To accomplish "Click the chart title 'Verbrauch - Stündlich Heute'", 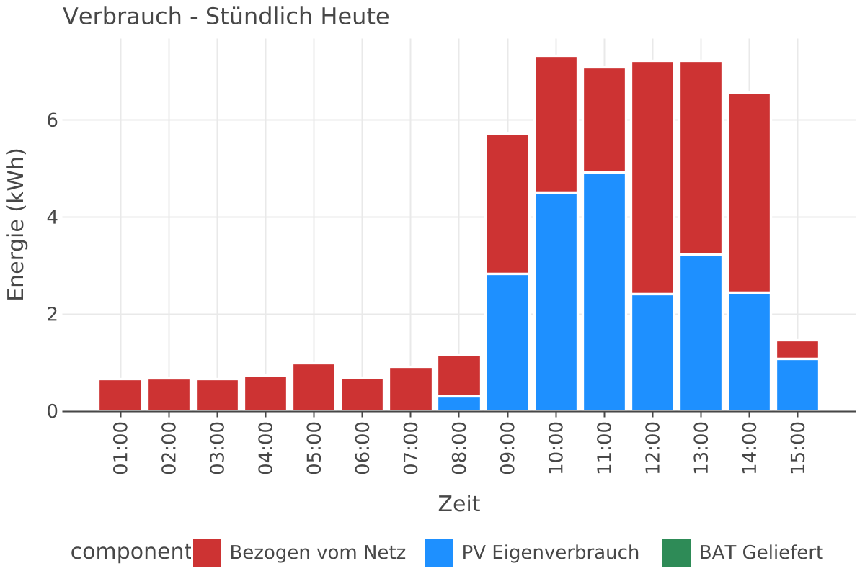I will [x=226, y=16].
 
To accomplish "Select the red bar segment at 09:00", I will [x=507, y=204].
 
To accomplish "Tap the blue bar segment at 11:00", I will [x=604, y=292].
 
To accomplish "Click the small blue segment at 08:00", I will [x=459, y=403].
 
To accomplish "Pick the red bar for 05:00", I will [x=314, y=387].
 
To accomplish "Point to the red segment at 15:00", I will [x=797, y=349].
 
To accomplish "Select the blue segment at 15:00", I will [x=797, y=384].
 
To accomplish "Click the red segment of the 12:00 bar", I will [x=652, y=178].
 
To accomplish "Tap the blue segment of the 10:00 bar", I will [x=556, y=301].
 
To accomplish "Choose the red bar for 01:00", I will [x=120, y=395].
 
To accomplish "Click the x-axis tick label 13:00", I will [x=701, y=448].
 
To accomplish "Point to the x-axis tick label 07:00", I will [x=410, y=448].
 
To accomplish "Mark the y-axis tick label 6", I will [x=52, y=120].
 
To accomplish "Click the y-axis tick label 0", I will [x=52, y=412].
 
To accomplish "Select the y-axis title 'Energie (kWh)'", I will [x=16, y=225].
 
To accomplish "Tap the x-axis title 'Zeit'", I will [x=458, y=503].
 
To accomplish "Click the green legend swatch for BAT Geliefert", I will [x=676, y=553].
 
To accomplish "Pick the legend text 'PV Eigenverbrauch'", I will [x=550, y=553].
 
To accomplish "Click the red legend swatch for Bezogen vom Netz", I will [x=208, y=553].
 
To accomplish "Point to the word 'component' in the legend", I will [x=130, y=552].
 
